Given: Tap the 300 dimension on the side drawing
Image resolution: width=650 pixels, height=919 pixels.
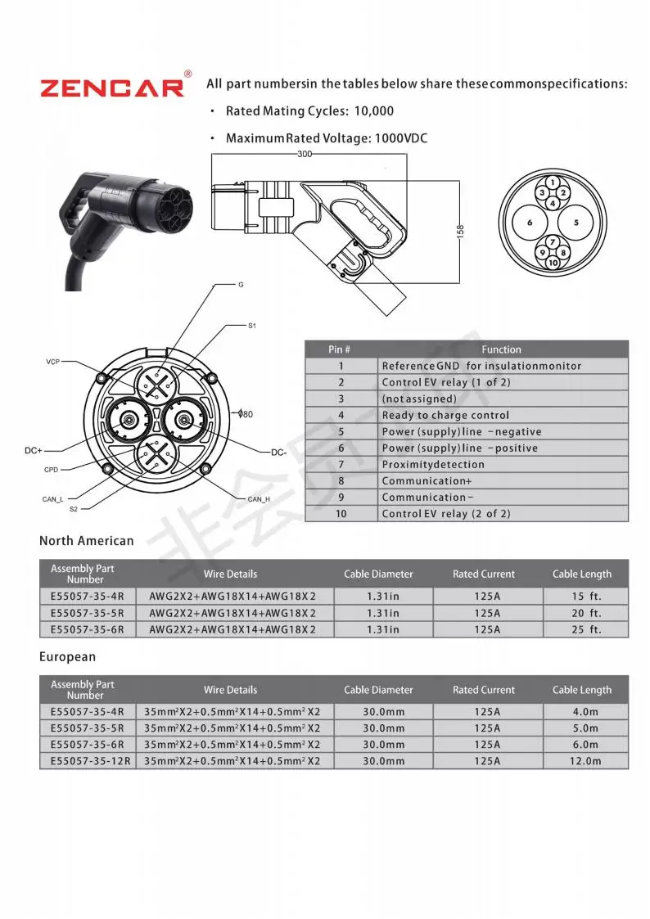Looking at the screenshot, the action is [305, 154].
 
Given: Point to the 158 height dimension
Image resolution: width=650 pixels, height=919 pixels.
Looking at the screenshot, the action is [460, 232].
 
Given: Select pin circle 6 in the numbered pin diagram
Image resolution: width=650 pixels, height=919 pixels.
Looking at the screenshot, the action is [530, 223].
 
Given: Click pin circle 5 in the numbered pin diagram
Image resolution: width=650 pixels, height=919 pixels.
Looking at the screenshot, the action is [576, 223].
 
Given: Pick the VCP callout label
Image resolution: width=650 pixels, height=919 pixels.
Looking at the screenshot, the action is [52, 363].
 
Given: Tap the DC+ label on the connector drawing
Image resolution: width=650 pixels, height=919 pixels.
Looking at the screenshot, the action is [34, 451].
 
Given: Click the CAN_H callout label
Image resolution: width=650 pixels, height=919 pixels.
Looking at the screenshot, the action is [259, 499].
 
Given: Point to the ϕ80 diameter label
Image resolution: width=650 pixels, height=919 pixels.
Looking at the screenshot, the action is [246, 414].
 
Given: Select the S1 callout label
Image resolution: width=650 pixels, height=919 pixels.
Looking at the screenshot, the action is [252, 326].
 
